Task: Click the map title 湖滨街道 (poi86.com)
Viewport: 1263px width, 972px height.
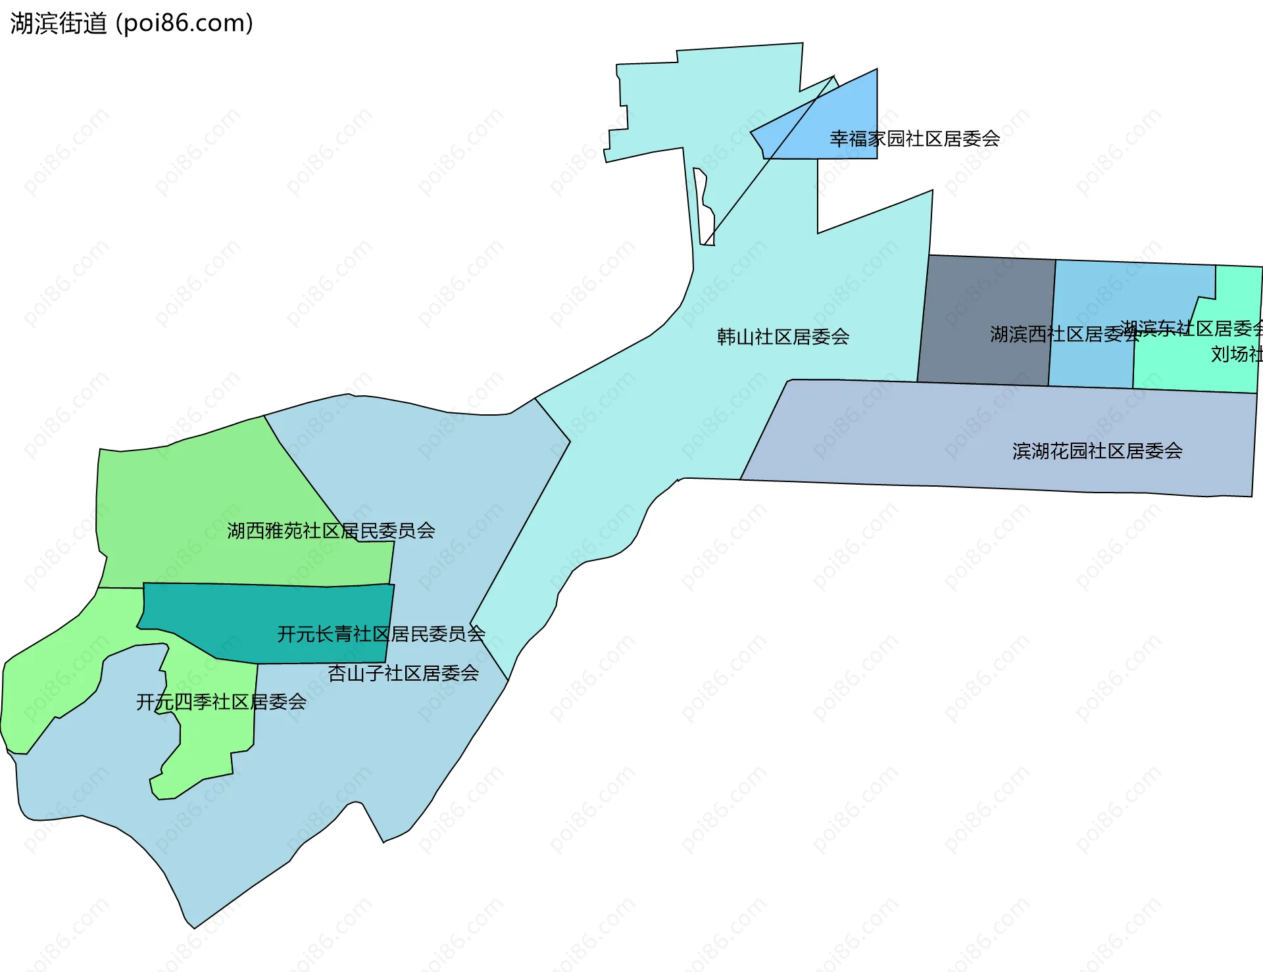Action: point(132,24)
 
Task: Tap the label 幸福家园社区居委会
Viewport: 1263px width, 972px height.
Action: point(914,139)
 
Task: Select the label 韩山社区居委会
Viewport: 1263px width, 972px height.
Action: point(783,337)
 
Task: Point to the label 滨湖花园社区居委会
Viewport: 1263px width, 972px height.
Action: point(1097,451)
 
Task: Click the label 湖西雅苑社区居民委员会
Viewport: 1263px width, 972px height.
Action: point(331,531)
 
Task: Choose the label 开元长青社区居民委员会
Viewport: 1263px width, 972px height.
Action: point(381,634)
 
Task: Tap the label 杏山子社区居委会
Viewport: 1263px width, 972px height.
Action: point(403,673)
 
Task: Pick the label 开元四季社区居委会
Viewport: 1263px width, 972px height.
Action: point(221,702)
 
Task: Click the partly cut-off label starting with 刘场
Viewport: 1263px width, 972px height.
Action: point(1237,354)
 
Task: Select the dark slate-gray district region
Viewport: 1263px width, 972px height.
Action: point(987,296)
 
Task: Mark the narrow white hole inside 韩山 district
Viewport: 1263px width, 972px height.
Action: point(706,210)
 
